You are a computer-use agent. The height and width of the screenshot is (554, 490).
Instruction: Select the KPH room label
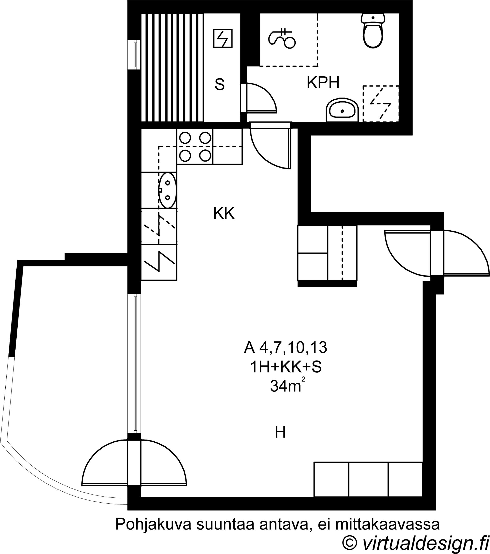[323, 83]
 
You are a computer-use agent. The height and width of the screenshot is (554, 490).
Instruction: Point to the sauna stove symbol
[223, 39]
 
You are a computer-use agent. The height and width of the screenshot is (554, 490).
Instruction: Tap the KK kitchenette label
[224, 213]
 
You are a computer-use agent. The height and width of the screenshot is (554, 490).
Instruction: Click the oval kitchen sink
[168, 190]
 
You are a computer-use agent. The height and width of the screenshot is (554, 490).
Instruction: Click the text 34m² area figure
[285, 386]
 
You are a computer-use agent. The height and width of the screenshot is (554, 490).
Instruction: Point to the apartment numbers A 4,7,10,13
[285, 348]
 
